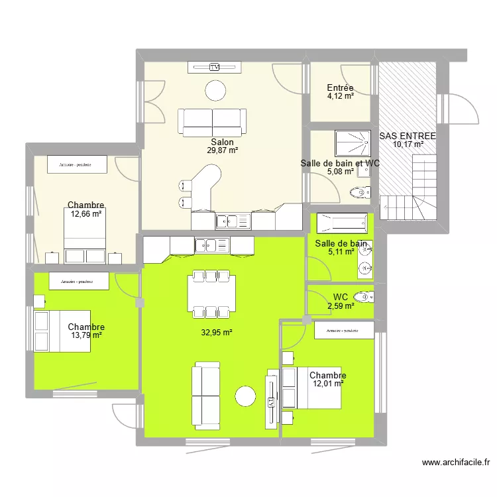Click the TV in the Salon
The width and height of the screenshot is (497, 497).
point(214,67)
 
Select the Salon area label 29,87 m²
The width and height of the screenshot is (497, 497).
point(222,150)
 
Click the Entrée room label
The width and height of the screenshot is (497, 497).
point(340,87)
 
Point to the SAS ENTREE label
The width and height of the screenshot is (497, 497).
point(407,136)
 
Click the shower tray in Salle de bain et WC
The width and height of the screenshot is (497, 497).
point(352,141)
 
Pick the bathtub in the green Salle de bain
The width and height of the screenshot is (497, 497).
point(341,221)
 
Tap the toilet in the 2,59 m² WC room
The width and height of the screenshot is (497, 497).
point(364,296)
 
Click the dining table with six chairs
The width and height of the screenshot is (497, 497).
point(209,292)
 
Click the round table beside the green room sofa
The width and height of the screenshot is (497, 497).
point(245,396)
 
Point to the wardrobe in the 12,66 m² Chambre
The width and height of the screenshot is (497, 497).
point(74,164)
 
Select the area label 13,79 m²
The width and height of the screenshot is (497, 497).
point(86,335)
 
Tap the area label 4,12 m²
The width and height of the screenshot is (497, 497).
point(340,96)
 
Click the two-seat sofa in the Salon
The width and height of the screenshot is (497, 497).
point(211,121)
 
